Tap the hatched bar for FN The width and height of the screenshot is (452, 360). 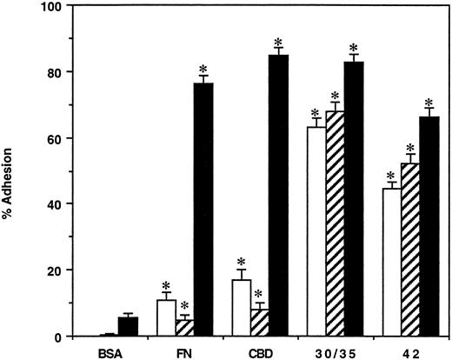point(185,328)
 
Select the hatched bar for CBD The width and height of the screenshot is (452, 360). point(261,323)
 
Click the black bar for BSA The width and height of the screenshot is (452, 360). point(129,327)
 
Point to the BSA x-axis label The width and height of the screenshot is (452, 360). point(110,352)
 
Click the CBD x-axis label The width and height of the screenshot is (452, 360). point(261,352)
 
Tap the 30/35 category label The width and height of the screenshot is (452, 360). point(336,352)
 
